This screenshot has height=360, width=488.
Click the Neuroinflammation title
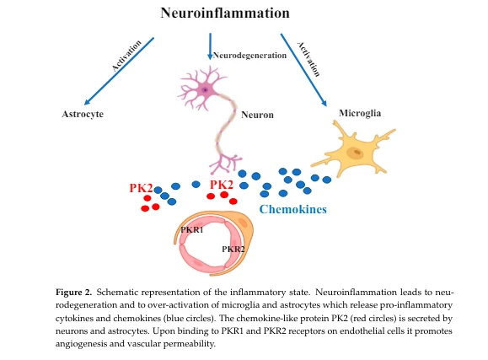pyautogui.click(x=225, y=13)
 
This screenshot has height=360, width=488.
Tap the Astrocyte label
pyautogui.click(x=83, y=114)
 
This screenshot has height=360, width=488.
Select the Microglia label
pyautogui.click(x=360, y=113)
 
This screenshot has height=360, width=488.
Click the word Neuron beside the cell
pyautogui.click(x=257, y=115)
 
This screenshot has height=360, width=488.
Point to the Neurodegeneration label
pyautogui.click(x=249, y=56)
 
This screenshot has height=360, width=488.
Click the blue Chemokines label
pyautogui.click(x=292, y=209)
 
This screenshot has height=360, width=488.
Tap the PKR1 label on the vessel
pyautogui.click(x=192, y=230)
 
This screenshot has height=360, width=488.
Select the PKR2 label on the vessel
pyautogui.click(x=233, y=250)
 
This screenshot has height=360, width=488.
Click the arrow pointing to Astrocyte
pyautogui.click(x=119, y=72)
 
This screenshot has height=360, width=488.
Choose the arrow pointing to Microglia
pyautogui.click(x=303, y=70)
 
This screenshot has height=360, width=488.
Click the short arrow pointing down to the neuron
pyautogui.click(x=210, y=46)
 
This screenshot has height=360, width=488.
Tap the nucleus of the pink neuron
pyautogui.click(x=205, y=90)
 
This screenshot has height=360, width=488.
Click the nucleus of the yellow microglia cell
pyautogui.click(x=355, y=153)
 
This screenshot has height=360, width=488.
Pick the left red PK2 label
pyautogui.click(x=141, y=188)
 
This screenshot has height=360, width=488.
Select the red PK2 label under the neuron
pyautogui.click(x=222, y=185)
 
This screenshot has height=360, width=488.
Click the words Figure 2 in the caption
pyautogui.click(x=74, y=292)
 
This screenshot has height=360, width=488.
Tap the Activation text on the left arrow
pyautogui.click(x=126, y=56)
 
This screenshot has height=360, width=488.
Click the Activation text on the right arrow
pyautogui.click(x=308, y=59)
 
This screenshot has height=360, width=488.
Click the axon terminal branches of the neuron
pyautogui.click(x=225, y=163)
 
